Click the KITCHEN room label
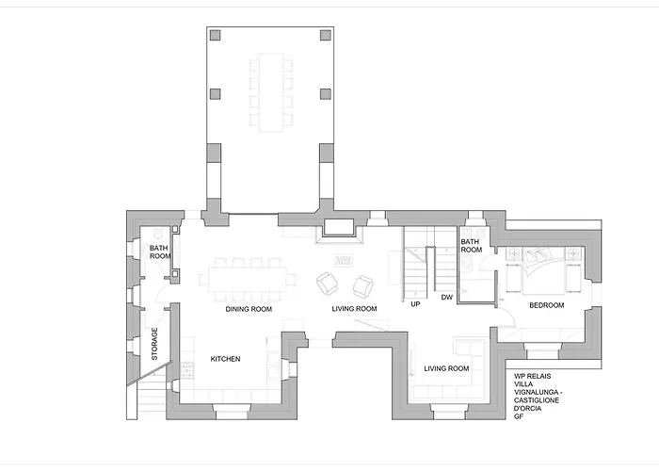pyautogui.click(x=225, y=359)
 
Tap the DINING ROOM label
pyautogui.click(x=249, y=309)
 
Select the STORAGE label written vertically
pyautogui.click(x=154, y=344)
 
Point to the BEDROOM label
pyautogui.click(x=546, y=305)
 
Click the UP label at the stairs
pyautogui.click(x=415, y=304)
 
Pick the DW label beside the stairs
pyautogui.click(x=447, y=298)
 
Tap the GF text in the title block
pyautogui.click(x=518, y=416)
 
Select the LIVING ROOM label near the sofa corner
pyautogui.click(x=446, y=369)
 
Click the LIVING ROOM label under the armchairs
pyautogui.click(x=354, y=309)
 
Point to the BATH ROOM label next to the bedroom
pyautogui.click(x=471, y=246)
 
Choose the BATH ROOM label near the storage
pyautogui.click(x=160, y=252)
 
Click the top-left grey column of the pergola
pyautogui.click(x=216, y=35)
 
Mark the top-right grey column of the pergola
pyautogui.click(x=326, y=35)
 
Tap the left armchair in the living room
pyautogui.click(x=327, y=284)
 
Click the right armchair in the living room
pyautogui.click(x=363, y=286)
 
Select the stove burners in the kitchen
pyautogui.click(x=187, y=371)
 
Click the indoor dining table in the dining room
pyautogui.click(x=248, y=280)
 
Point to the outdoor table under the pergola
pyautogui.click(x=271, y=92)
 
